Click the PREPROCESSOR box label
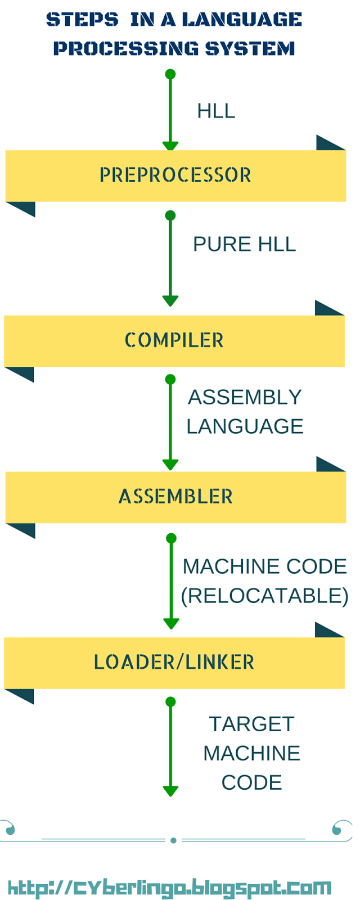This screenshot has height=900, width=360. (x=175, y=175)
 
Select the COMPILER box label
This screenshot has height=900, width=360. (x=174, y=340)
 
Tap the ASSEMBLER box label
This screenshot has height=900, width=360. (x=175, y=497)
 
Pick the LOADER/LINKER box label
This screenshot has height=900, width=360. (x=174, y=662)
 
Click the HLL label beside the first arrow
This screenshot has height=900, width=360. (x=216, y=111)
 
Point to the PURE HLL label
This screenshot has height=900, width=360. (x=244, y=244)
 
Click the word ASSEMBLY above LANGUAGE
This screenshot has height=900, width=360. (x=245, y=397)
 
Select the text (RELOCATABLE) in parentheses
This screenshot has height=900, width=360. (x=264, y=596)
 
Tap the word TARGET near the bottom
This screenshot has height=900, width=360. (x=251, y=724)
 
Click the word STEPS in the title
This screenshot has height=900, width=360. (x=82, y=20)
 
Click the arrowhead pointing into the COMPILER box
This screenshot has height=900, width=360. (x=170, y=300)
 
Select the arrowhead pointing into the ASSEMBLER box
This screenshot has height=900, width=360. (x=170, y=465)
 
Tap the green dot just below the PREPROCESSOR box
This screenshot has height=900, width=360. (x=170, y=215)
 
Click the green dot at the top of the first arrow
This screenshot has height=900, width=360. (x=170, y=74)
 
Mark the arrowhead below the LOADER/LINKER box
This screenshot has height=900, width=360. (x=170, y=790)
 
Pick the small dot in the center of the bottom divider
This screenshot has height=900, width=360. (x=173, y=840)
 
